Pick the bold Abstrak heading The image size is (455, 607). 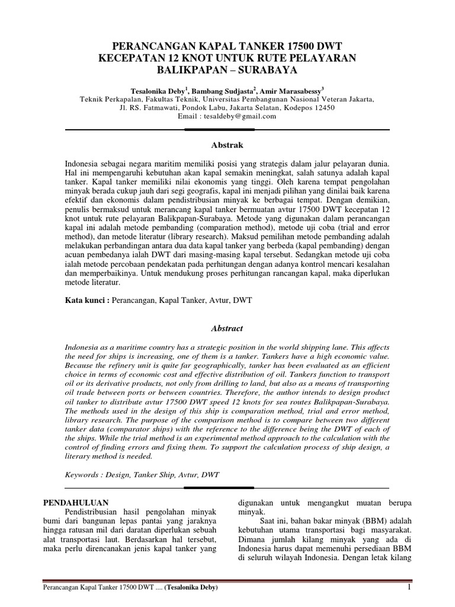click(x=227, y=145)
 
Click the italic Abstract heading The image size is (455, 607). click(x=227, y=328)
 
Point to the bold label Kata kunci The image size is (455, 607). click(x=86, y=301)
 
